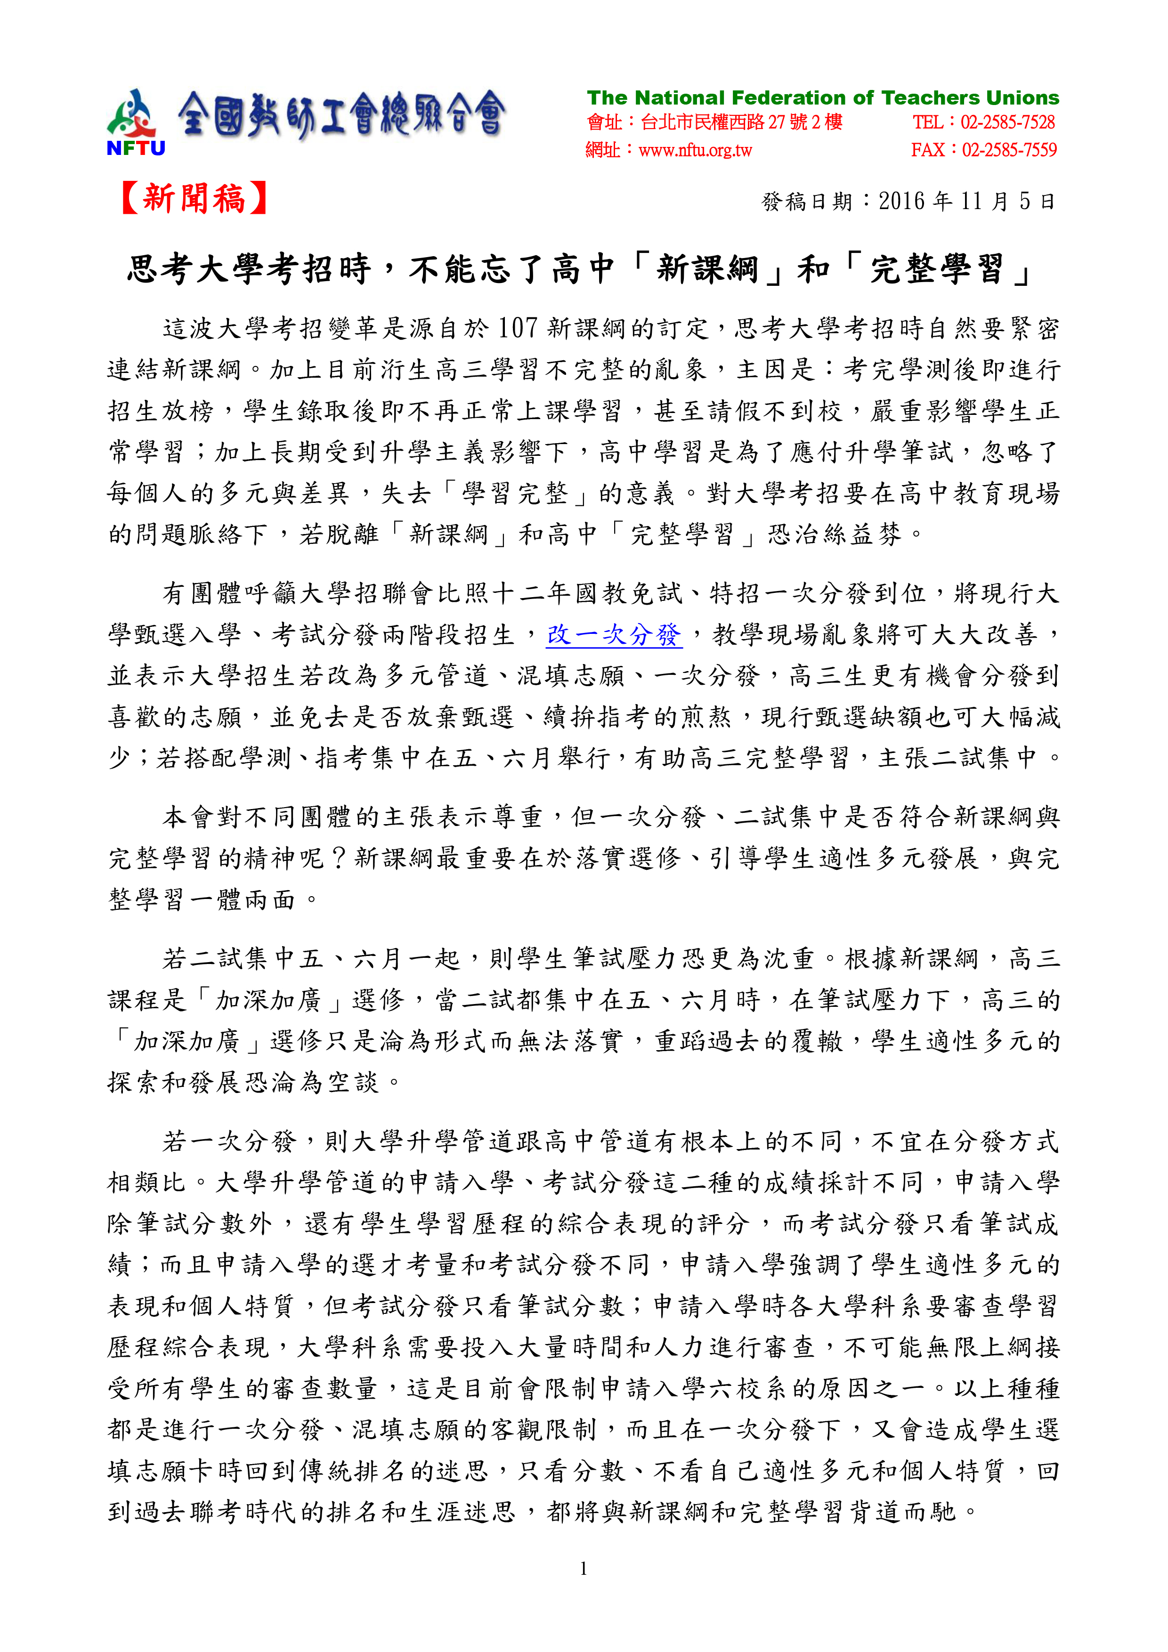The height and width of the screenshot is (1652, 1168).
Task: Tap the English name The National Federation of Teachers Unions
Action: click(823, 98)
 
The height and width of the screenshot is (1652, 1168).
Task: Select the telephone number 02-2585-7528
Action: click(1007, 122)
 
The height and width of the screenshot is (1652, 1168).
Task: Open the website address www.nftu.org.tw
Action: click(695, 150)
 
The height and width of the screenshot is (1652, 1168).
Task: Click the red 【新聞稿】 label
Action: click(195, 199)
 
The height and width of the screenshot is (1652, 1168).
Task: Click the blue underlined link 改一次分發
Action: click(613, 635)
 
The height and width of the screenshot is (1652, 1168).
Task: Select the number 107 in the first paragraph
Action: click(518, 329)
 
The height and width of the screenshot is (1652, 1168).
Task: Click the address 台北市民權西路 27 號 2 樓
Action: click(741, 122)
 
